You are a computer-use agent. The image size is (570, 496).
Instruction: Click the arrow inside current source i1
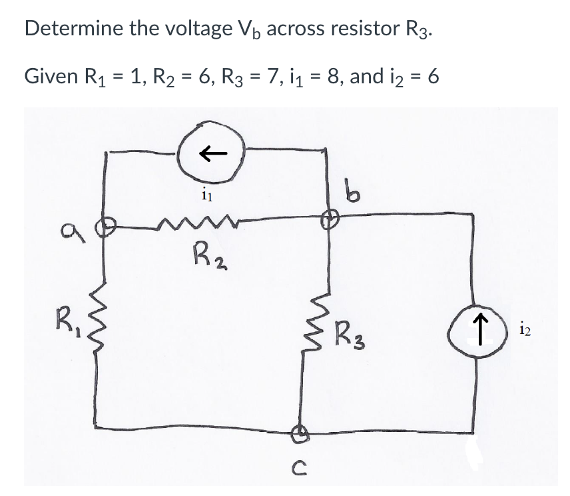tap(211, 153)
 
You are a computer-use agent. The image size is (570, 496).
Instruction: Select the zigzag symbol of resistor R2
tap(188, 218)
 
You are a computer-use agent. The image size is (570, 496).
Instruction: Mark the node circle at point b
tap(328, 217)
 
